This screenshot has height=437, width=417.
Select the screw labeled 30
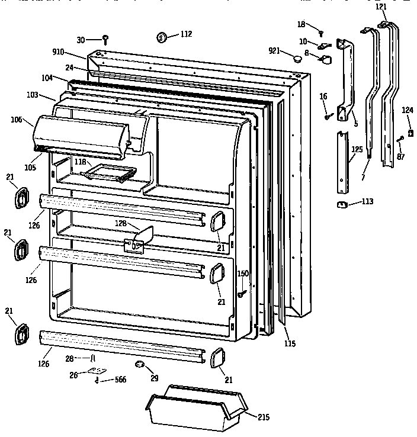click(x=105, y=40)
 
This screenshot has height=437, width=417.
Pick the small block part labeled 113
click(x=342, y=204)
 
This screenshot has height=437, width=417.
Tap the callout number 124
click(x=408, y=110)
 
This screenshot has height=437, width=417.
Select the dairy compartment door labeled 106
click(x=83, y=136)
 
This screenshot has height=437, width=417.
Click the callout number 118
click(x=80, y=161)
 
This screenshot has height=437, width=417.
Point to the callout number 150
click(x=243, y=273)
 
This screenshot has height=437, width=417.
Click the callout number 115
click(x=289, y=343)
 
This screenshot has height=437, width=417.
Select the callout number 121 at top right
click(x=381, y=7)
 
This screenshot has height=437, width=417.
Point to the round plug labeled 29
click(x=140, y=364)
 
